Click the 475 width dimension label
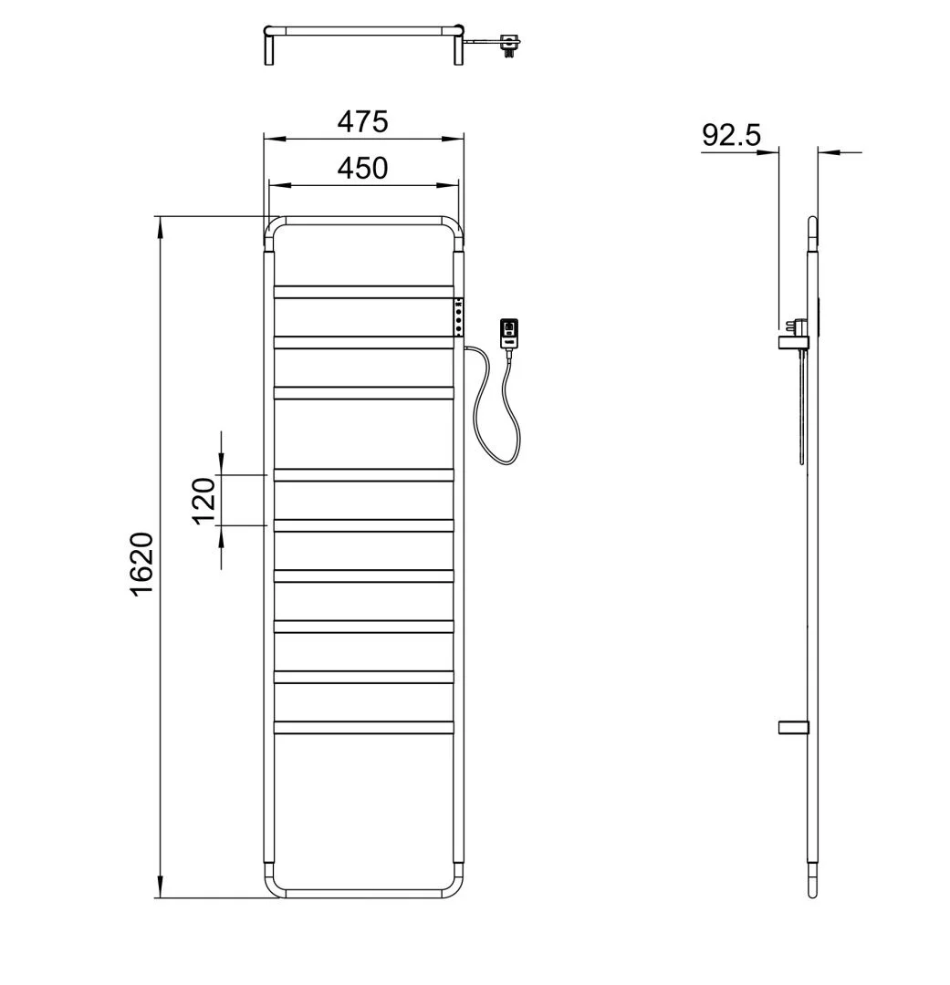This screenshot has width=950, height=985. pyautogui.click(x=363, y=121)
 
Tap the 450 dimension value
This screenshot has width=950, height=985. pyautogui.click(x=363, y=169)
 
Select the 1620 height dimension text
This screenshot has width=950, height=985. pyautogui.click(x=142, y=564)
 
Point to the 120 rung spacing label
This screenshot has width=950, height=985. pyautogui.click(x=204, y=501)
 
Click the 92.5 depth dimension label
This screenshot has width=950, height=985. pyautogui.click(x=731, y=135)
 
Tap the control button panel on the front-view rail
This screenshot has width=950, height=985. pyautogui.click(x=459, y=317)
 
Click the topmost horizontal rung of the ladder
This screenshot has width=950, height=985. pyautogui.click(x=364, y=292)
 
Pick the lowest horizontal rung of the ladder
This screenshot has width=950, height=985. pyautogui.click(x=364, y=728)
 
